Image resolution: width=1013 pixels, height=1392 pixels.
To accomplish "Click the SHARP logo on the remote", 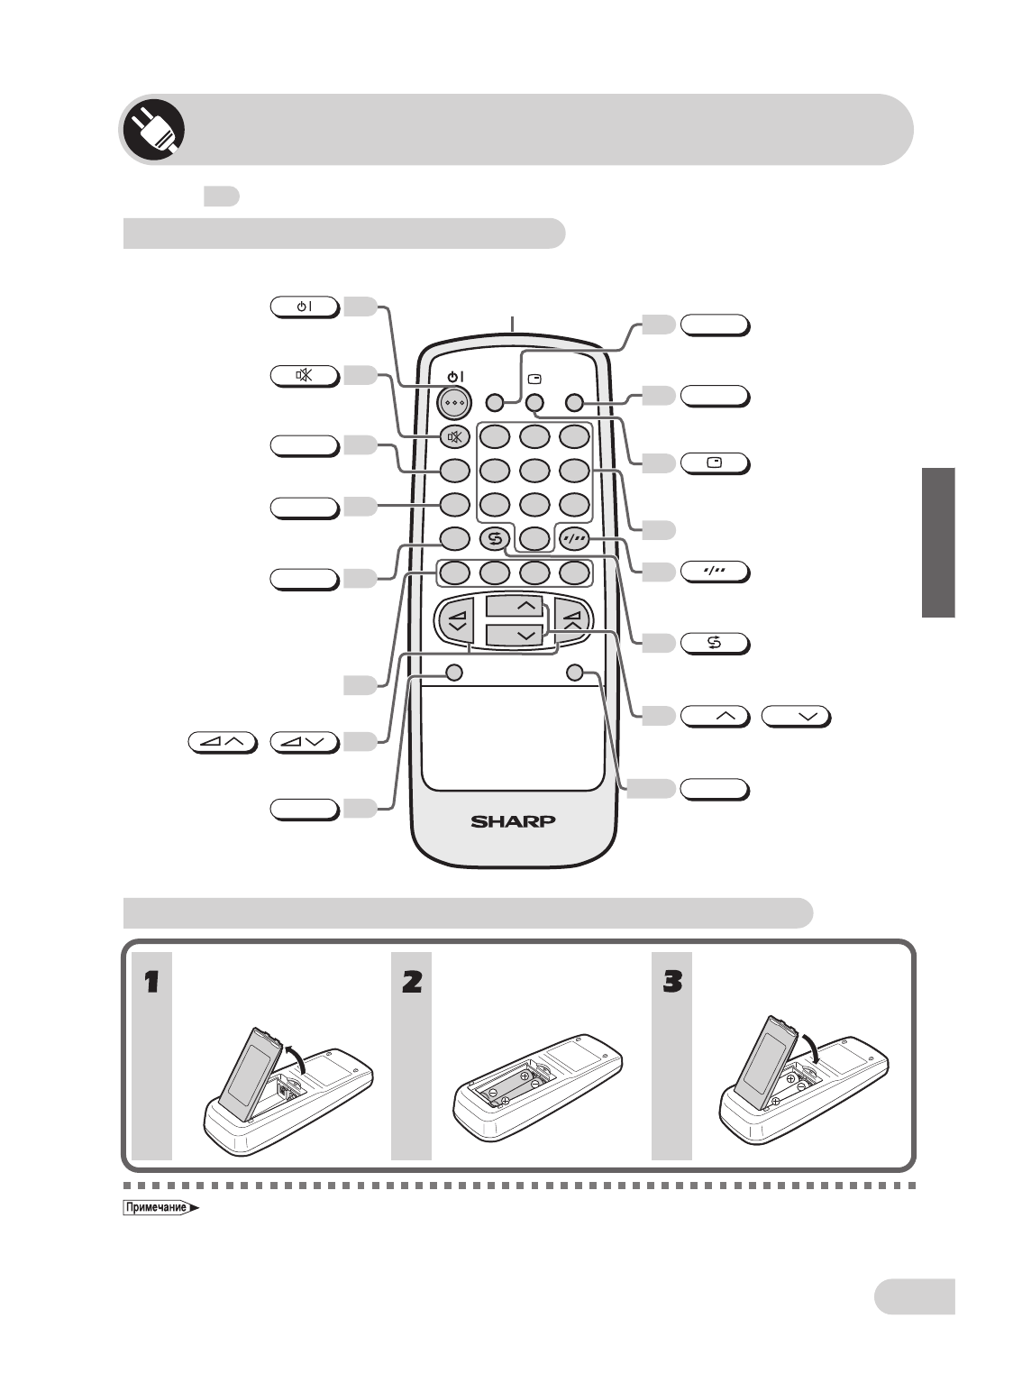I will coord(513,821).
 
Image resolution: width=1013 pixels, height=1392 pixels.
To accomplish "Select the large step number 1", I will coord(152,982).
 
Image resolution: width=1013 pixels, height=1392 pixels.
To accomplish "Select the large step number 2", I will coord(412,982).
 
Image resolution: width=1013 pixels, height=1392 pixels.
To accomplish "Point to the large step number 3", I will coord(672,982).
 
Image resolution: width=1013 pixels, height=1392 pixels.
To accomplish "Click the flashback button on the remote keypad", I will coord(494,539).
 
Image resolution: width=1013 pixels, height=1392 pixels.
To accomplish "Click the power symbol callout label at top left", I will coord(305,307).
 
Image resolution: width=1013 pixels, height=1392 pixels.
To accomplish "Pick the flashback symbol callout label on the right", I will coord(715,644).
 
